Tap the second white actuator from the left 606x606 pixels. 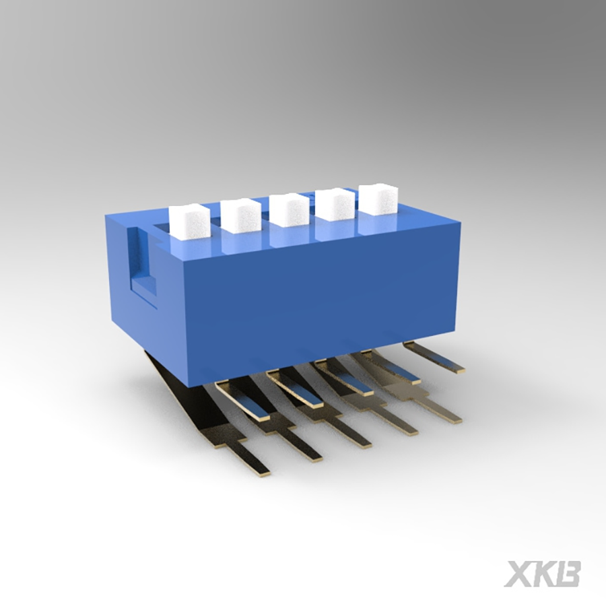240,215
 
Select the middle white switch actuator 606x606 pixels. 289,209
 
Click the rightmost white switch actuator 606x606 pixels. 377,199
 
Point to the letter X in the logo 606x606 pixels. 520,574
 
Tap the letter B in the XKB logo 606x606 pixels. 569,574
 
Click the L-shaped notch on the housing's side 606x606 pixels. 139,266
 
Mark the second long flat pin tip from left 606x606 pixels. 312,454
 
